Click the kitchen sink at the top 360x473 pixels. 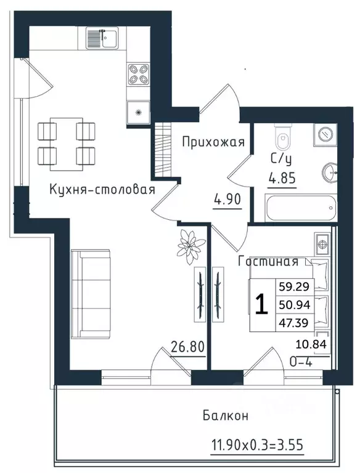coord(102,41)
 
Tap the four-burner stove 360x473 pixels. coord(137,75)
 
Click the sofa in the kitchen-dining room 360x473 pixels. coord(90,294)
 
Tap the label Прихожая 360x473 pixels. coord(213,142)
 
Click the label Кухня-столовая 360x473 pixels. coord(102,189)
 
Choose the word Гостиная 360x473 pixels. coord(268,261)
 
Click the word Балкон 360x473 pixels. coord(226,416)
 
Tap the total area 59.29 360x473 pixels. coord(295,286)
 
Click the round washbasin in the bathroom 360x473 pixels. coord(328,172)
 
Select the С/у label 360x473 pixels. coord(280,159)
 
